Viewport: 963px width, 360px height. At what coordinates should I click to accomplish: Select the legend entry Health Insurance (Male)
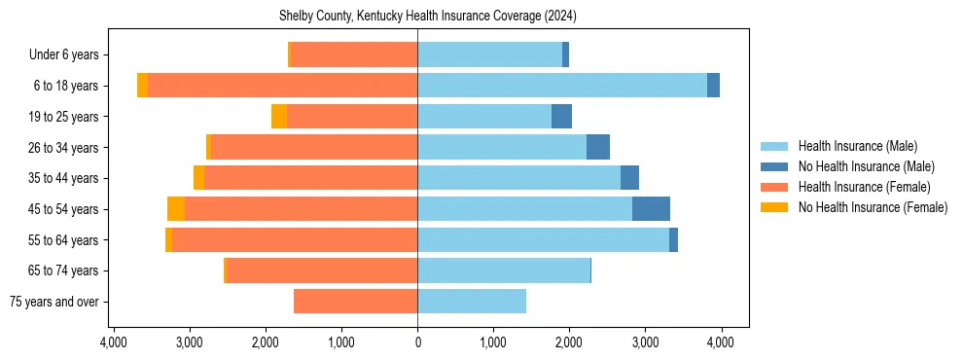pos(856,147)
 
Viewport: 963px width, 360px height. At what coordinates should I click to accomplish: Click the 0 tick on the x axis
pos(417,342)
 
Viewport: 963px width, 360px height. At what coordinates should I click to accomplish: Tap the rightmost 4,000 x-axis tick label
pos(720,342)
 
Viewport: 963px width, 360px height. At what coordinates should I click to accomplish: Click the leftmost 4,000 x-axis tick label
pos(114,342)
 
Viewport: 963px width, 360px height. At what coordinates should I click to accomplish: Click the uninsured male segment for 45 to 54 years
pos(651,209)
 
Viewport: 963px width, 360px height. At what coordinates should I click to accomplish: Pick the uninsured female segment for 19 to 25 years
pos(279,117)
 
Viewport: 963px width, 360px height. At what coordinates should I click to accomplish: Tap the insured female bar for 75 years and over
pos(355,302)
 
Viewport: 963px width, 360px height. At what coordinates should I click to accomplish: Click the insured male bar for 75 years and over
pos(472,302)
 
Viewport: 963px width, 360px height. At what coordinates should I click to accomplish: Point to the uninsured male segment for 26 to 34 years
pos(598,147)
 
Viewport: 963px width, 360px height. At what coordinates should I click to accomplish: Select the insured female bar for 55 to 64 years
pos(295,240)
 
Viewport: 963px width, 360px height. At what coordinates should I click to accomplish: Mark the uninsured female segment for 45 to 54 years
pos(176,209)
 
